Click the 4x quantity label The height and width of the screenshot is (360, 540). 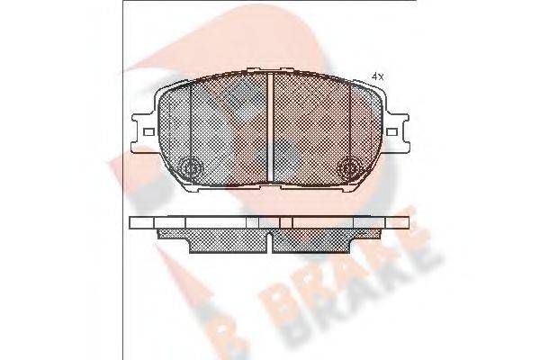[x=378, y=76]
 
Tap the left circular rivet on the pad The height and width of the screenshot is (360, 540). [x=191, y=167]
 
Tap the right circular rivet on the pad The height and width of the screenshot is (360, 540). [x=351, y=167]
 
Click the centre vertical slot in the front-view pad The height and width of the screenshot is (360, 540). [x=271, y=126]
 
